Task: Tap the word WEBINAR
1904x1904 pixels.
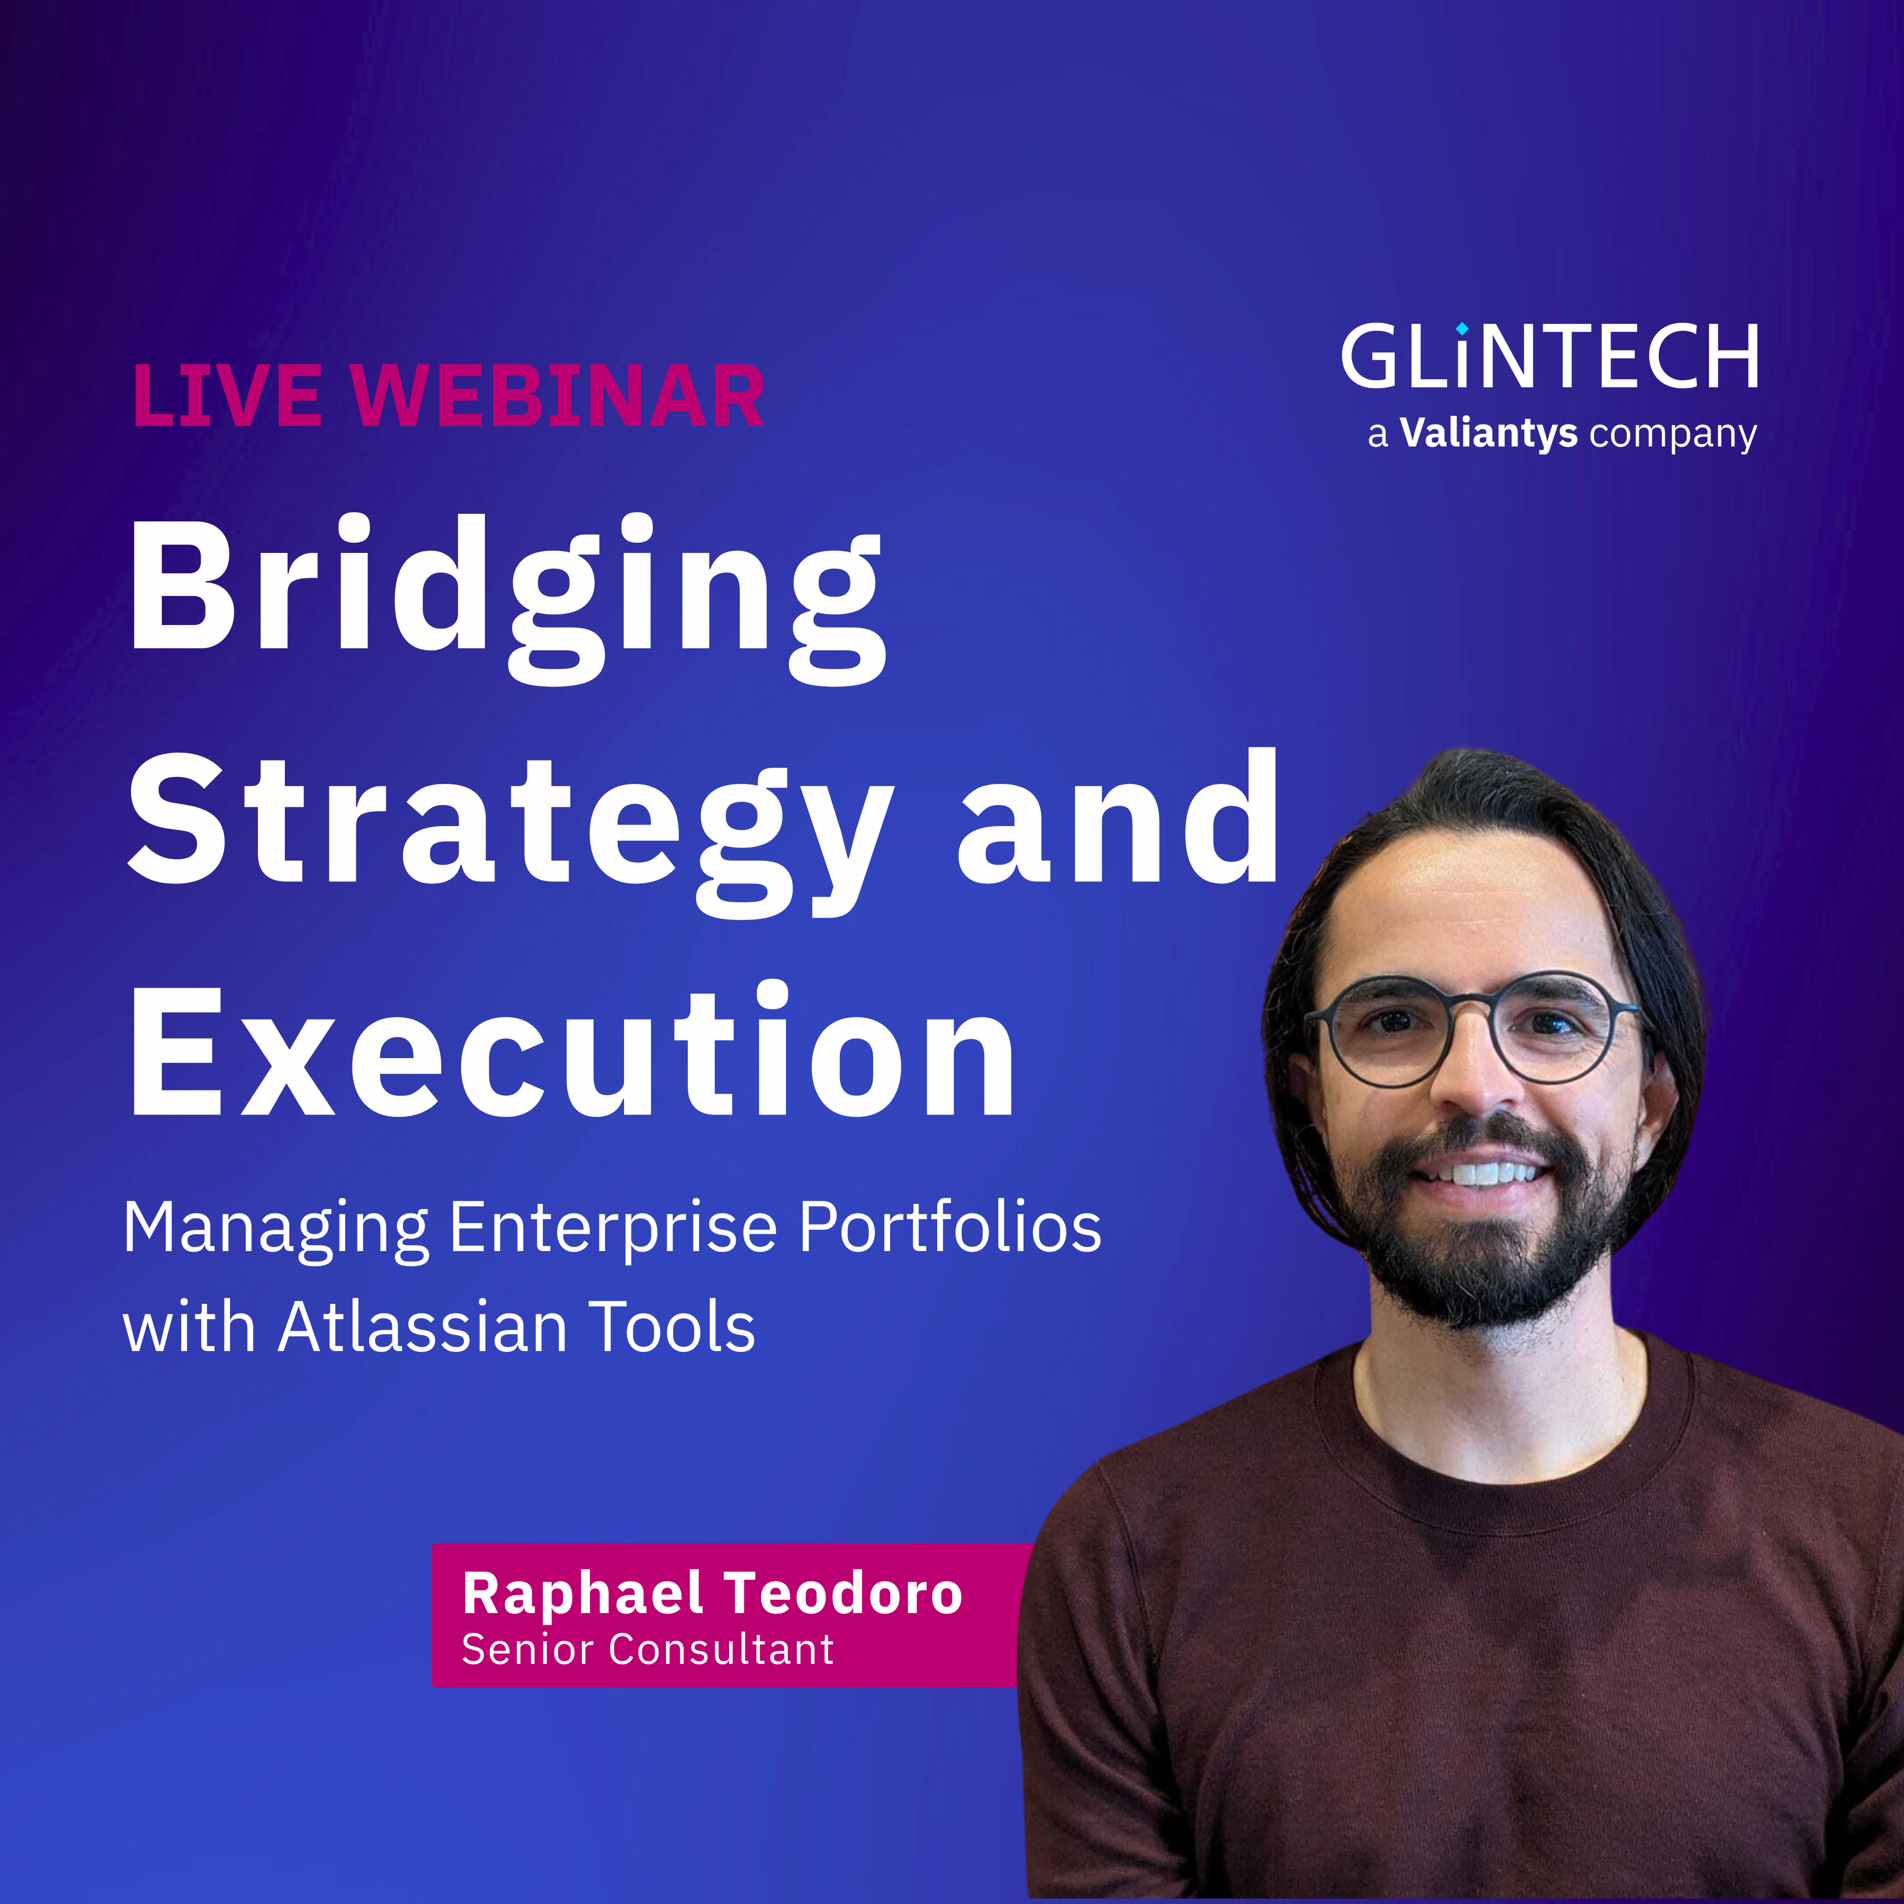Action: [x=558, y=396]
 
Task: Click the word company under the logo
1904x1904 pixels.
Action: [x=1672, y=435]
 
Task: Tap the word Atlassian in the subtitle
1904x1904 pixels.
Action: [x=424, y=1328]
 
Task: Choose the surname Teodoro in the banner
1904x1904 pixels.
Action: [x=843, y=1594]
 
